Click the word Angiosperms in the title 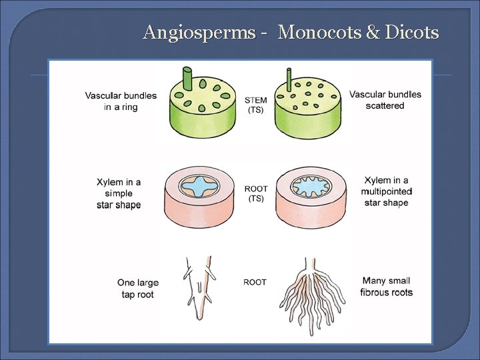pyautogui.click(x=198, y=32)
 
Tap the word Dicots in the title pyautogui.click(x=412, y=32)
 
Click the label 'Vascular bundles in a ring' pyautogui.click(x=121, y=101)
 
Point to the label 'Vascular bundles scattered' pyautogui.click(x=385, y=100)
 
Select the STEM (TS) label pyautogui.click(x=255, y=105)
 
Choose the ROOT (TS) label pyautogui.click(x=255, y=193)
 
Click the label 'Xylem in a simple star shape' pyautogui.click(x=119, y=193)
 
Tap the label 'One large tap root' pyautogui.click(x=137, y=288)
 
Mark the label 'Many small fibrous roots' pyautogui.click(x=386, y=287)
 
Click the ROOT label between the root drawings pyautogui.click(x=255, y=282)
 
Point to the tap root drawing pyautogui.click(x=200, y=287)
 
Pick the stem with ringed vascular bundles pyautogui.click(x=201, y=107)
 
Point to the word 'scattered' pyautogui.click(x=385, y=105)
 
